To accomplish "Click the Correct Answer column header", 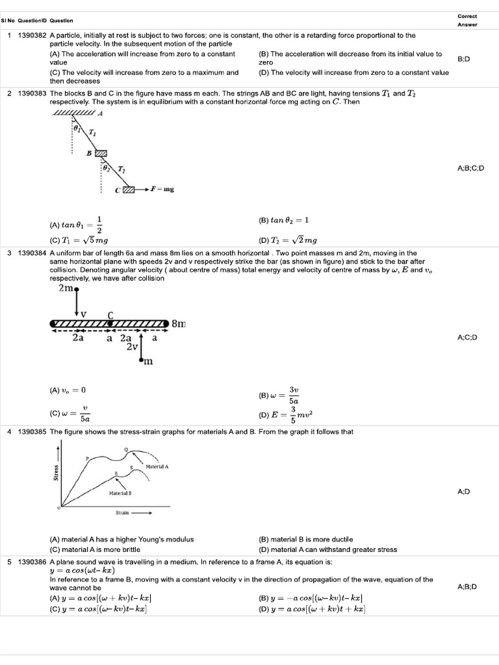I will pyautogui.click(x=467, y=20).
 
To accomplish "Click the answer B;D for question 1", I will pyautogui.click(x=464, y=59).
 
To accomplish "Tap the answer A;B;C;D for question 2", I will pyautogui.click(x=471, y=168).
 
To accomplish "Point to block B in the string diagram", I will pyautogui.click(x=100, y=153).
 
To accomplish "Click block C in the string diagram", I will pyautogui.click(x=129, y=190).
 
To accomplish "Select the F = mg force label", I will pyautogui.click(x=162, y=190).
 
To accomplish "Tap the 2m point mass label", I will pyautogui.click(x=67, y=288).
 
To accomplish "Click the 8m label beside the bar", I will pyautogui.click(x=180, y=323).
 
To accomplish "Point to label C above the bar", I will pyautogui.click(x=110, y=316).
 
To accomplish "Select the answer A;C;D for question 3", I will pyautogui.click(x=468, y=338).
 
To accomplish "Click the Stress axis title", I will pyautogui.click(x=57, y=472).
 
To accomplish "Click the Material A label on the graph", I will pyautogui.click(x=158, y=466).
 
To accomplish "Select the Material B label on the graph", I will pyautogui.click(x=120, y=494).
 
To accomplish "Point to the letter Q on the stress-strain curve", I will pyautogui.click(x=126, y=449).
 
